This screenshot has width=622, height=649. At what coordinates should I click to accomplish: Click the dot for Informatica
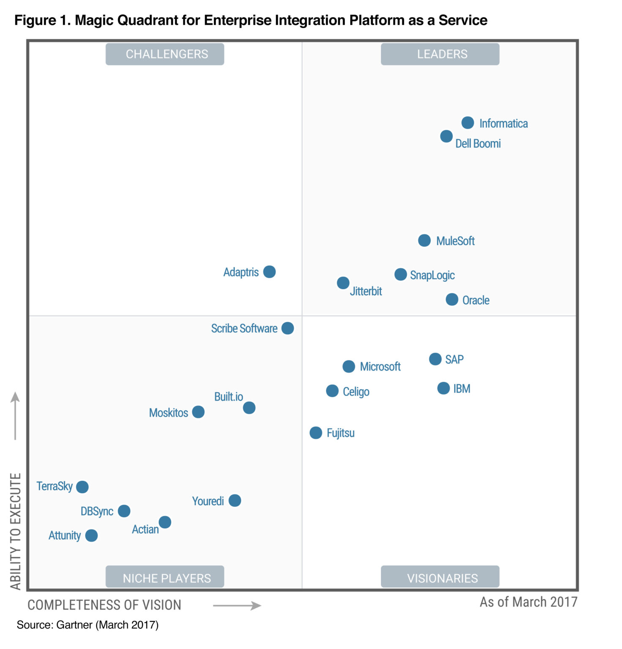click(x=467, y=123)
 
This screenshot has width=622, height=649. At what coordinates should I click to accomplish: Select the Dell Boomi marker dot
click(x=446, y=136)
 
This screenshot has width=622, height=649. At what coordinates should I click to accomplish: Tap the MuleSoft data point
click(x=424, y=240)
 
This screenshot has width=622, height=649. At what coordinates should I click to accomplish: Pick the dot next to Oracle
click(x=452, y=300)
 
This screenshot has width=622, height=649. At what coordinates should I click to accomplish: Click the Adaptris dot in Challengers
click(x=269, y=272)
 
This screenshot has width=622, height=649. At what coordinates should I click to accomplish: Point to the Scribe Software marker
click(x=287, y=328)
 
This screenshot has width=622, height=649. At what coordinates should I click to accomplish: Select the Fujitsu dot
click(x=316, y=433)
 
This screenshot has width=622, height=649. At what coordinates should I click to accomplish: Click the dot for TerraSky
click(x=82, y=487)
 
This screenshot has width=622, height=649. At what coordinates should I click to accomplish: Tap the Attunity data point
click(x=91, y=536)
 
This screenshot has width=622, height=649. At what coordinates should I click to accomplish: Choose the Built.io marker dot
click(x=249, y=408)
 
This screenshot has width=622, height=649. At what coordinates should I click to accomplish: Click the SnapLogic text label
click(x=432, y=275)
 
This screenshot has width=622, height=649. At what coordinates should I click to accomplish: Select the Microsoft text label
click(x=380, y=367)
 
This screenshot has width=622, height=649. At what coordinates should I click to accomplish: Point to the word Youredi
click(x=208, y=501)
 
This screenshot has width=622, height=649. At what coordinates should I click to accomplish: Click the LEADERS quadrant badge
click(x=440, y=54)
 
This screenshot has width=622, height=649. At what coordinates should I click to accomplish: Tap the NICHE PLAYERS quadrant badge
click(x=165, y=577)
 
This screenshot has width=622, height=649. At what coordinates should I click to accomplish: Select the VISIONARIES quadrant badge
click(x=440, y=577)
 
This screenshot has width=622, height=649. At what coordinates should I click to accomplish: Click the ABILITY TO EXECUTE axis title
click(x=16, y=531)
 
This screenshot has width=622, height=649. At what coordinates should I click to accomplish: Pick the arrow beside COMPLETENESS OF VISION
click(x=237, y=605)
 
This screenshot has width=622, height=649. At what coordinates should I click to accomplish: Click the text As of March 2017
click(x=528, y=602)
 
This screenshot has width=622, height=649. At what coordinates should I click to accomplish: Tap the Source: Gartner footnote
click(x=87, y=625)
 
